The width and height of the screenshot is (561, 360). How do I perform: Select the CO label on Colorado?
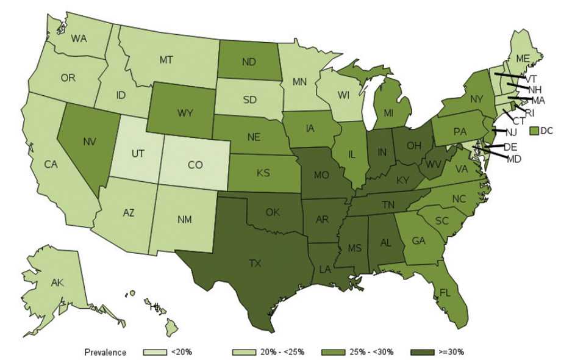pyautogui.click(x=195, y=165)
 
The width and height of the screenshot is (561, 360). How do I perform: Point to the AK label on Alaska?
pyautogui.click(x=57, y=283)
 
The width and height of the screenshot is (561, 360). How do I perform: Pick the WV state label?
pyautogui.click(x=432, y=165)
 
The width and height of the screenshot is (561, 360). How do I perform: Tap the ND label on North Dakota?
pyautogui.click(x=248, y=62)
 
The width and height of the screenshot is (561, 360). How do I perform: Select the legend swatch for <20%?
pyautogui.click(x=155, y=352)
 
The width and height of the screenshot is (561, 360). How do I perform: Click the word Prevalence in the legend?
pyautogui.click(x=105, y=352)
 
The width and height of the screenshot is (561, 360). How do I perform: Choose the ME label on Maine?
pyautogui.click(x=522, y=59)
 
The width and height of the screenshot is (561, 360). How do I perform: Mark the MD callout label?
pyautogui.click(x=514, y=159)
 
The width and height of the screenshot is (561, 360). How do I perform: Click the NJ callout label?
pyautogui.click(x=511, y=132)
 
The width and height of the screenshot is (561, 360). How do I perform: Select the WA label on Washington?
pyautogui.click(x=79, y=38)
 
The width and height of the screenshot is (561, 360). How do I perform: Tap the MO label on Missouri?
pyautogui.click(x=322, y=176)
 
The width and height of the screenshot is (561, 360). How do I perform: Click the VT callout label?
pyautogui.click(x=531, y=79)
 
